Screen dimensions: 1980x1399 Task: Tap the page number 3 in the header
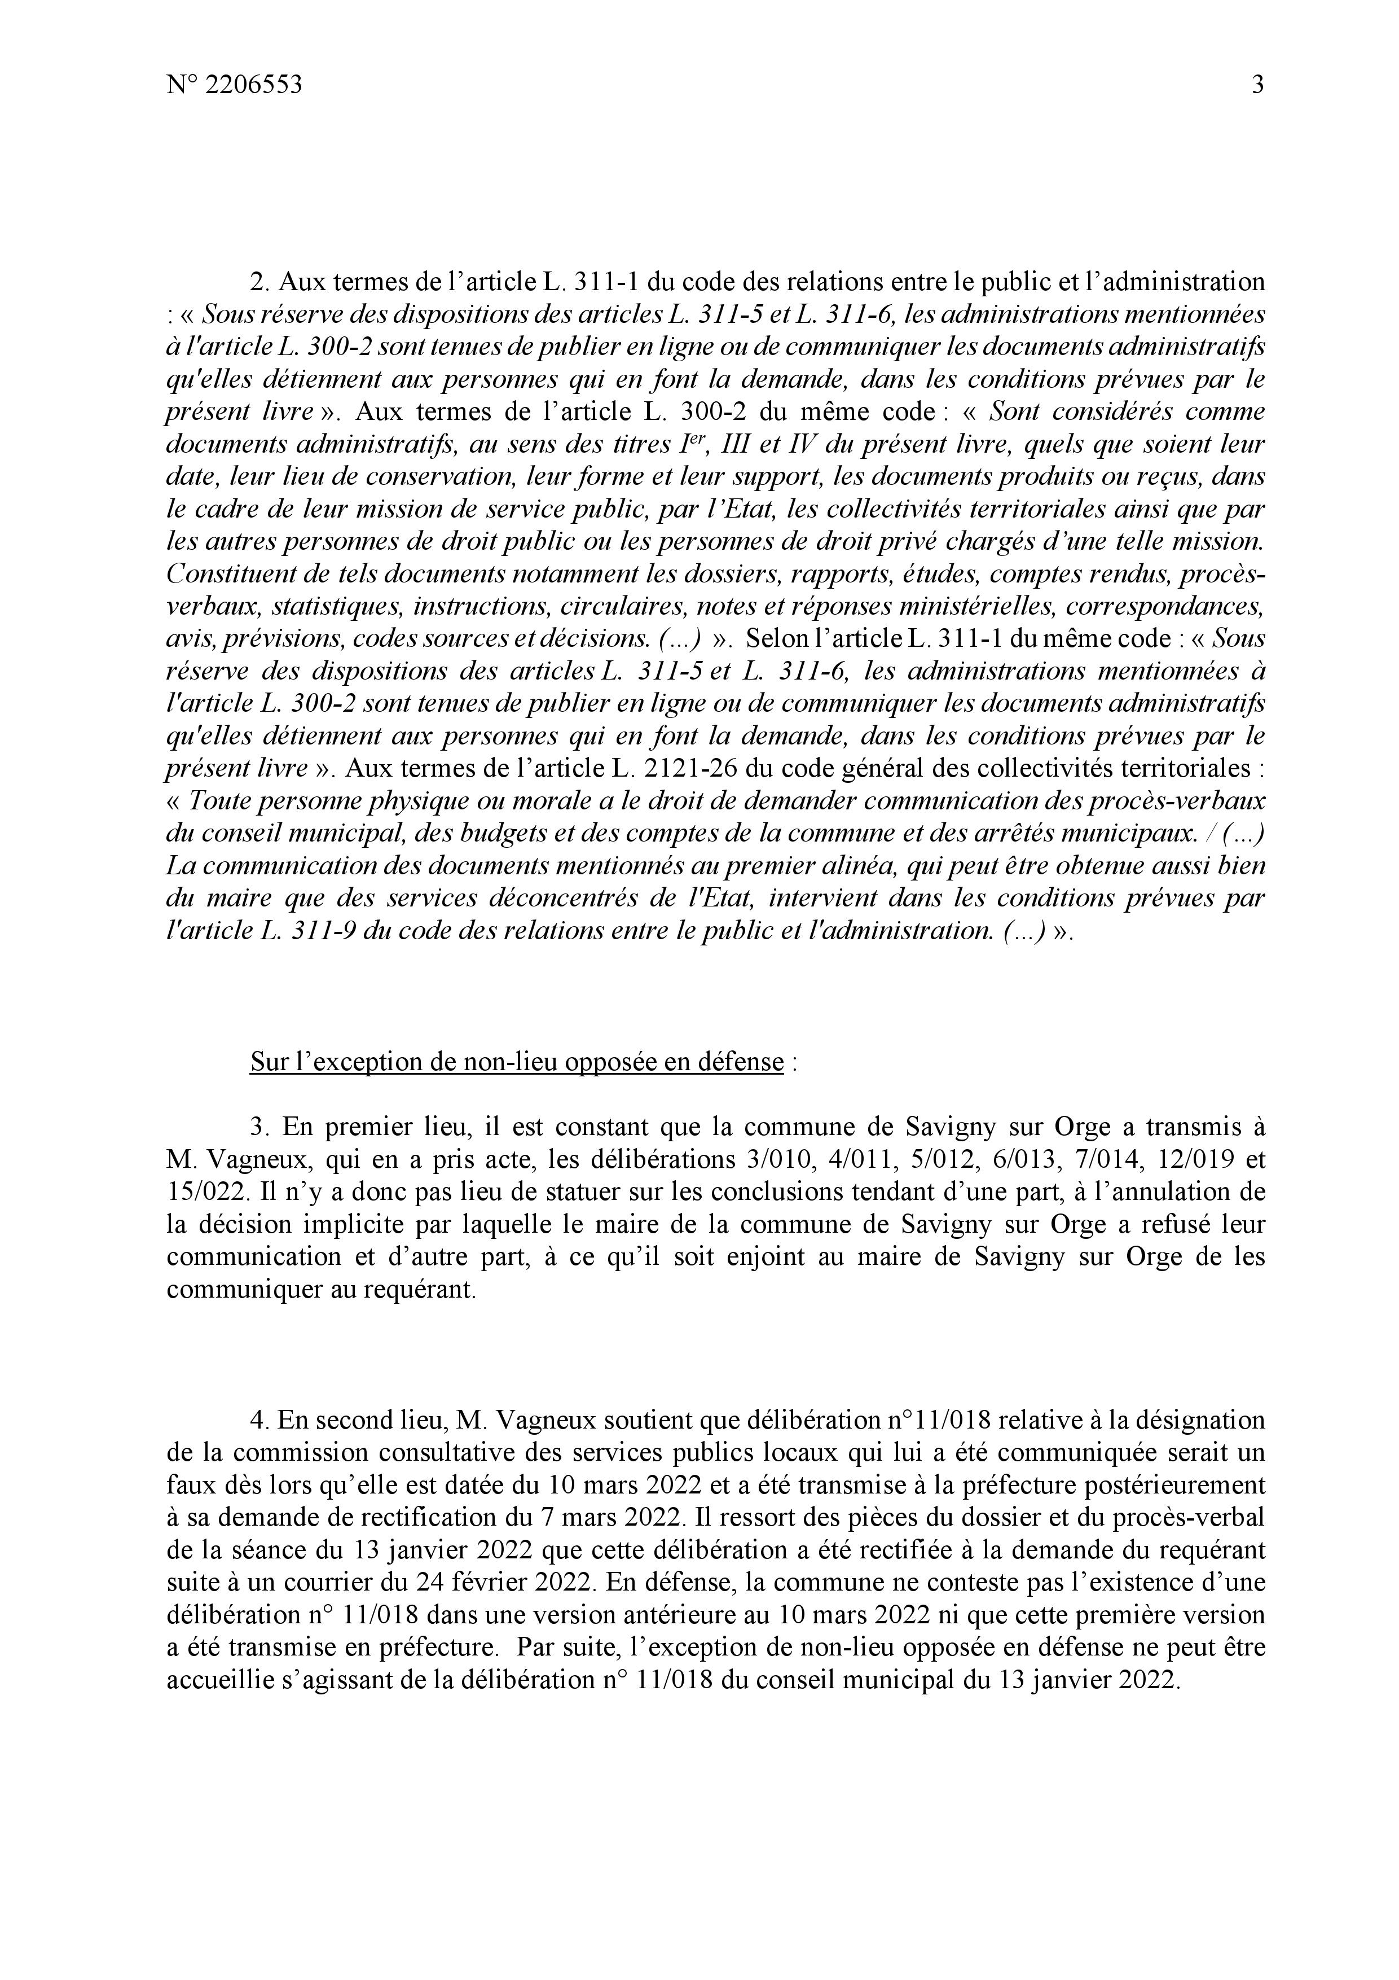point(1257,85)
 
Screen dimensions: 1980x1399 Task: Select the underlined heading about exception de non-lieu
point(517,1062)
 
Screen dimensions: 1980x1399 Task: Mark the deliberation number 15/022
point(201,1192)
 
